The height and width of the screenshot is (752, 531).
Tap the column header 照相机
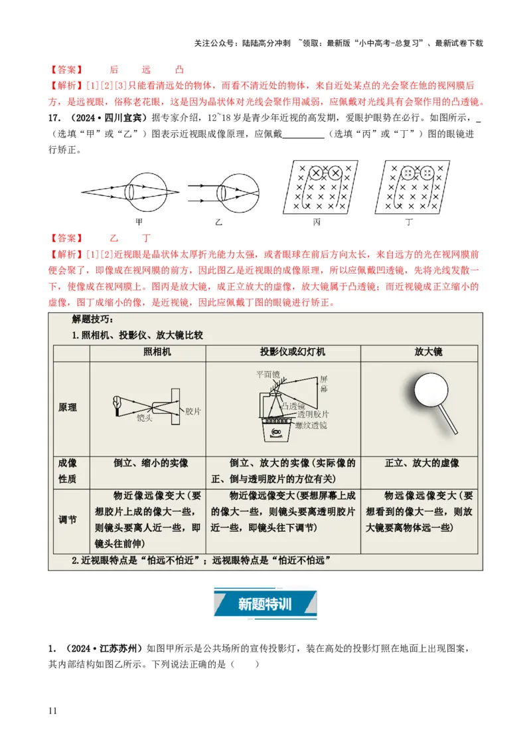pyautogui.click(x=157, y=351)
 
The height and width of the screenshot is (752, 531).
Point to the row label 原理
pyautogui.click(x=68, y=407)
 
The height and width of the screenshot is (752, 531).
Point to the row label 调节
pyautogui.click(x=68, y=519)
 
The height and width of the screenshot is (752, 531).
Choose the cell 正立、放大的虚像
pyautogui.click(x=422, y=464)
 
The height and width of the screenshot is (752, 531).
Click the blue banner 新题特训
pyautogui.click(x=265, y=605)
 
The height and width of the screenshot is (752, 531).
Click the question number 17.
pyautogui.click(x=54, y=118)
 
